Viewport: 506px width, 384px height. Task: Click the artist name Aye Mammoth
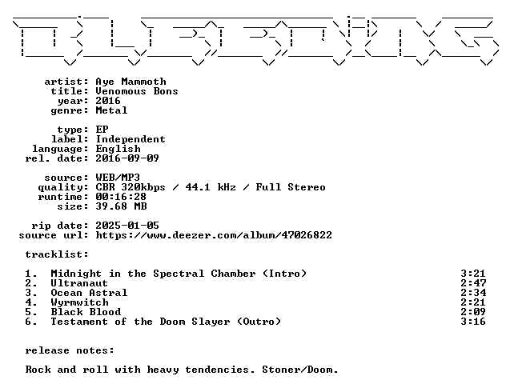pyautogui.click(x=131, y=82)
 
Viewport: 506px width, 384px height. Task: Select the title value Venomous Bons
pyautogui.click(x=137, y=91)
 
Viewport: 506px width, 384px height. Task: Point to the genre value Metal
pyautogui.click(x=111, y=110)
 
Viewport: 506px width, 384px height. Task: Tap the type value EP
pyautogui.click(x=102, y=130)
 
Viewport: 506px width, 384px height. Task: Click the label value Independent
pyautogui.click(x=131, y=139)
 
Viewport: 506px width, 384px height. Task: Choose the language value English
pyautogui.click(x=118, y=149)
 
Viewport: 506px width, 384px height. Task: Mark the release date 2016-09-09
pyautogui.click(x=127, y=158)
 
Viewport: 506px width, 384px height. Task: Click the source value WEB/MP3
pyautogui.click(x=118, y=178)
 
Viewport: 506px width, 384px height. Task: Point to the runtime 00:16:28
pyautogui.click(x=121, y=197)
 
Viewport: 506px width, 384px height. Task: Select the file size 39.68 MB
pyautogui.click(x=122, y=206)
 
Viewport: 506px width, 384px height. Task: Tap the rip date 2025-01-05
pyautogui.click(x=127, y=226)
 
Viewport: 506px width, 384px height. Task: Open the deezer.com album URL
pyautogui.click(x=214, y=235)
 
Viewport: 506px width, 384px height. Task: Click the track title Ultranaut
pyautogui.click(x=79, y=283)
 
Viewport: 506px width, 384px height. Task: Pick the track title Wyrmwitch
pyautogui.click(x=80, y=302)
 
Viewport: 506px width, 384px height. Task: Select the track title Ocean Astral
pyautogui.click(x=89, y=293)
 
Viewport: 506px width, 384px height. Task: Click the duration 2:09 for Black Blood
pyautogui.click(x=473, y=312)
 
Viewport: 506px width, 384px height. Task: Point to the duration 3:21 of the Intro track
pyautogui.click(x=473, y=274)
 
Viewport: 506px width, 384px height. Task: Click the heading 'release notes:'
pyautogui.click(x=70, y=350)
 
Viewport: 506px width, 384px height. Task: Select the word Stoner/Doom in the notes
pyautogui.click(x=299, y=370)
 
